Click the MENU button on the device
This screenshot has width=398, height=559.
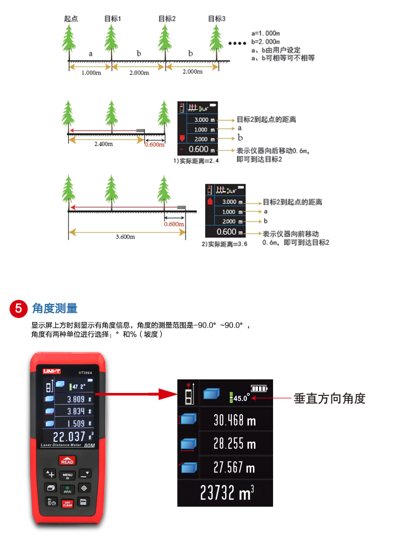click(x=68, y=475)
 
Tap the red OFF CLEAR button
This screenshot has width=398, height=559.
click(x=67, y=503)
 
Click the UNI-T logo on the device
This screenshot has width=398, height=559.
click(x=52, y=371)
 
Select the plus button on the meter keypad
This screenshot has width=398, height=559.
click(x=50, y=474)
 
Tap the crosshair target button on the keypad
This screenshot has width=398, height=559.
click(x=84, y=488)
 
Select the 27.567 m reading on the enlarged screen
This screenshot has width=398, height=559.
click(x=234, y=467)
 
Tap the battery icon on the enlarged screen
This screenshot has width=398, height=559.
click(x=260, y=388)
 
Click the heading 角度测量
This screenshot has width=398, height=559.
click(x=55, y=308)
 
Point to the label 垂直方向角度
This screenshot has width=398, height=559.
click(x=329, y=398)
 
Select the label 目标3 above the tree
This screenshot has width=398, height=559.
click(x=217, y=19)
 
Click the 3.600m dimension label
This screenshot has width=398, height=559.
click(x=125, y=236)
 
